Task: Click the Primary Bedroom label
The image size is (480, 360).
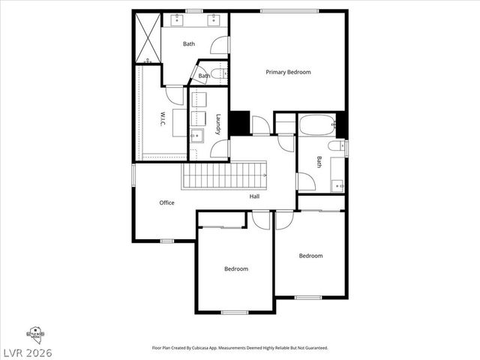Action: pyautogui.click(x=288, y=72)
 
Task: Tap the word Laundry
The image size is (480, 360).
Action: pyautogui.click(x=218, y=124)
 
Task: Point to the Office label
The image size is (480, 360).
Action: pyautogui.click(x=166, y=202)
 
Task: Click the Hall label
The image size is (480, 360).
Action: pyautogui.click(x=255, y=196)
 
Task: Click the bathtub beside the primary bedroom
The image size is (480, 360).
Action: pyautogui.click(x=316, y=124)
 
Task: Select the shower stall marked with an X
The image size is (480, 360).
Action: pyautogui.click(x=147, y=37)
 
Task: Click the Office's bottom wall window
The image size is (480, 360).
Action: pyautogui.click(x=166, y=241)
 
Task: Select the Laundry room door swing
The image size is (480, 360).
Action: pyautogui.click(x=219, y=148)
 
